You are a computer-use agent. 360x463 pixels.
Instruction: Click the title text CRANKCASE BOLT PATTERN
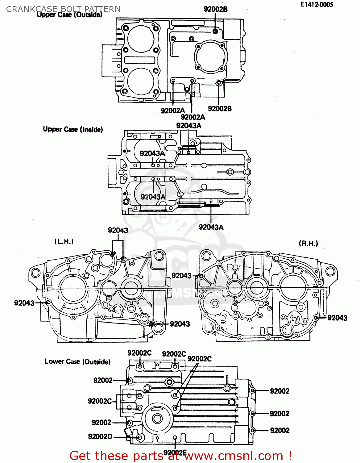[x=63, y=9]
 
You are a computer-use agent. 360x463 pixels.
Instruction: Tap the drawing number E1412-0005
[x=317, y=5]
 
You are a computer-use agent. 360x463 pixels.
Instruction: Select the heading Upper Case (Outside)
[x=69, y=15]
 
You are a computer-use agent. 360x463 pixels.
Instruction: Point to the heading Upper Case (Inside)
[x=73, y=129]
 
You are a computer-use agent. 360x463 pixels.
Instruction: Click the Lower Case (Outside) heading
[x=77, y=361]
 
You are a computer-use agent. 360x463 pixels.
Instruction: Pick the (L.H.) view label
[x=64, y=241]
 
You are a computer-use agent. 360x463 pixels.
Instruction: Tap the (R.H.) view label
[x=308, y=243]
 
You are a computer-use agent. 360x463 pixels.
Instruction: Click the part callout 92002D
[x=100, y=436]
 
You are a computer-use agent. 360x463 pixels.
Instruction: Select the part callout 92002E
[x=175, y=453]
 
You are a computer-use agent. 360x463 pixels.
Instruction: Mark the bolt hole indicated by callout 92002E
[x=175, y=438]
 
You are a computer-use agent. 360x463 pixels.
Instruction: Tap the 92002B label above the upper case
[x=215, y=9]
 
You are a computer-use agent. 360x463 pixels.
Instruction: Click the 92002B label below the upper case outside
[x=220, y=109]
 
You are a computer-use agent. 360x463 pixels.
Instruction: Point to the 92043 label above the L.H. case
[x=118, y=230]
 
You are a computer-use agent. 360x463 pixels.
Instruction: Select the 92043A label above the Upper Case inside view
[x=188, y=126]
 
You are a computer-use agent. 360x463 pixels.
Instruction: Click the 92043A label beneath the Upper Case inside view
[x=211, y=227]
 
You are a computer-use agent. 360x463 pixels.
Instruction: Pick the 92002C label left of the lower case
[x=100, y=401]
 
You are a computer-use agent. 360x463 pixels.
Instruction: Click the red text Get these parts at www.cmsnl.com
[x=180, y=456]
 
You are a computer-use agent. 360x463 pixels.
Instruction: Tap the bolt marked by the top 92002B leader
[x=215, y=31]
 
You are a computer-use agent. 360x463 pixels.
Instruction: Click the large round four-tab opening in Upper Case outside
[x=211, y=56]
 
